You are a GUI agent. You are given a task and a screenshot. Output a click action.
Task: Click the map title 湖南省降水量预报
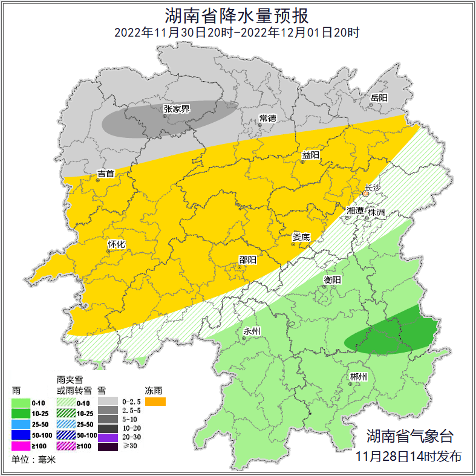[238, 14]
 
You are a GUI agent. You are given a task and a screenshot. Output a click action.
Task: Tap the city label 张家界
[177, 109]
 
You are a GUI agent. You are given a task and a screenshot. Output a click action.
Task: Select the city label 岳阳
[379, 97]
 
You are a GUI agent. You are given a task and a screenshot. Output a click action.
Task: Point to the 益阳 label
[311, 155]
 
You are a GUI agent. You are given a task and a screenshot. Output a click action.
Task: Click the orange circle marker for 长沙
[365, 194]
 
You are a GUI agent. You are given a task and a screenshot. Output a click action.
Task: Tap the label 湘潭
[356, 210]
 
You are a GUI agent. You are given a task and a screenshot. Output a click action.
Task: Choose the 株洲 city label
[376, 212]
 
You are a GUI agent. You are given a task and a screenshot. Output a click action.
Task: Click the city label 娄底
[301, 237]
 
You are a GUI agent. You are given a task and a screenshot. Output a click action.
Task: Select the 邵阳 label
[247, 259]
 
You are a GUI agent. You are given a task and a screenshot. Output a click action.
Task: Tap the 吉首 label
[106, 174]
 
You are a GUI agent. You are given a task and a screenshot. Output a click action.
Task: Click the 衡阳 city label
[332, 279]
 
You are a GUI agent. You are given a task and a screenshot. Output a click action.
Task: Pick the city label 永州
[252, 331]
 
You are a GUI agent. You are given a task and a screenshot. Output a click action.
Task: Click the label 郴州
[359, 377]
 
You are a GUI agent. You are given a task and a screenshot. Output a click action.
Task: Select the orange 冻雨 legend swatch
[155, 401]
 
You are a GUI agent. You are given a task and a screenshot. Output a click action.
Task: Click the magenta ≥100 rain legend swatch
[22, 446]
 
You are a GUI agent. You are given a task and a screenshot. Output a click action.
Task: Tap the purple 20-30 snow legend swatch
[109, 437]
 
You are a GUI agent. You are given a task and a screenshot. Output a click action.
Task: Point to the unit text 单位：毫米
[33, 460]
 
